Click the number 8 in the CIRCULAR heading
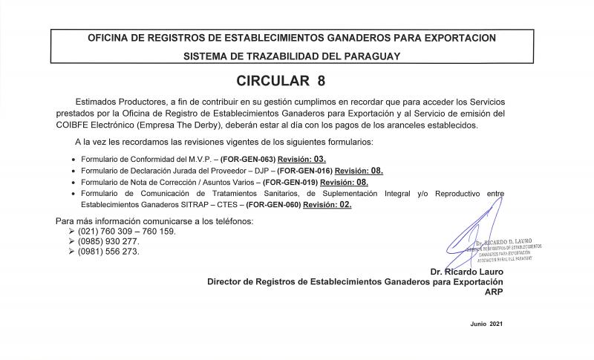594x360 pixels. pos(320,79)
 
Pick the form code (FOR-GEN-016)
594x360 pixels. pos(304,170)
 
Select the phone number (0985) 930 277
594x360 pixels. pos(108,241)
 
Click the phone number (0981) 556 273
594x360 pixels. pos(108,251)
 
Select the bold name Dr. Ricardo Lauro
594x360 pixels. pos(466,272)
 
